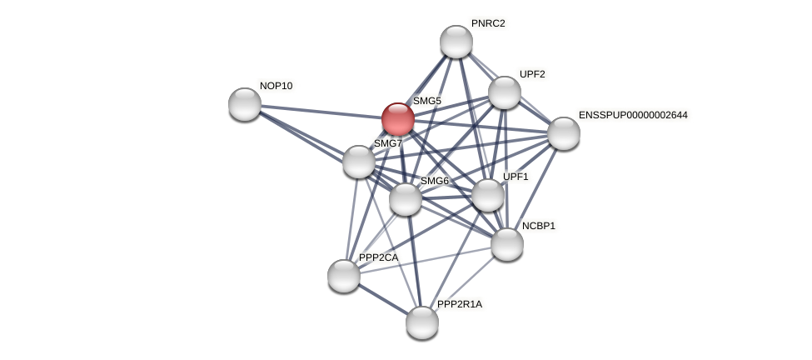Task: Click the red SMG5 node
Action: pyautogui.click(x=398, y=119)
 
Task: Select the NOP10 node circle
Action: pyautogui.click(x=245, y=104)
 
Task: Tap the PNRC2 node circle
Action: pyautogui.click(x=456, y=42)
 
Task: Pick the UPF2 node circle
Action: pyautogui.click(x=505, y=92)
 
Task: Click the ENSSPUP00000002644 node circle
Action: pyautogui.click(x=564, y=133)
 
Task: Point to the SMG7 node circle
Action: pyautogui.click(x=359, y=162)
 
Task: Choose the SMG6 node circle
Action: pyautogui.click(x=406, y=199)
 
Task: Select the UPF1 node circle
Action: pyautogui.click(x=488, y=195)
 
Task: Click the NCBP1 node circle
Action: pyautogui.click(x=507, y=244)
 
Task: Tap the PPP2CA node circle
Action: pyautogui.click(x=344, y=276)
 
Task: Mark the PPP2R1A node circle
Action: pyautogui.click(x=422, y=322)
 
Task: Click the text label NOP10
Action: pyautogui.click(x=276, y=86)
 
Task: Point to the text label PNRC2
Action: pyautogui.click(x=488, y=23)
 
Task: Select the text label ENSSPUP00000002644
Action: pyautogui.click(x=633, y=114)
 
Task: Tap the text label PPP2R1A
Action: pyautogui.click(x=459, y=304)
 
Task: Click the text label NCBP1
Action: pyautogui.click(x=538, y=226)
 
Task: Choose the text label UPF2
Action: pyautogui.click(x=532, y=74)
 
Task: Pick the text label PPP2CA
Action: pyautogui.click(x=378, y=257)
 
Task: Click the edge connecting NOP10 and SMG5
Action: pyautogui.click(x=321, y=112)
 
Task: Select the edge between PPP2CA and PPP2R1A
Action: pyautogui.click(x=383, y=299)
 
